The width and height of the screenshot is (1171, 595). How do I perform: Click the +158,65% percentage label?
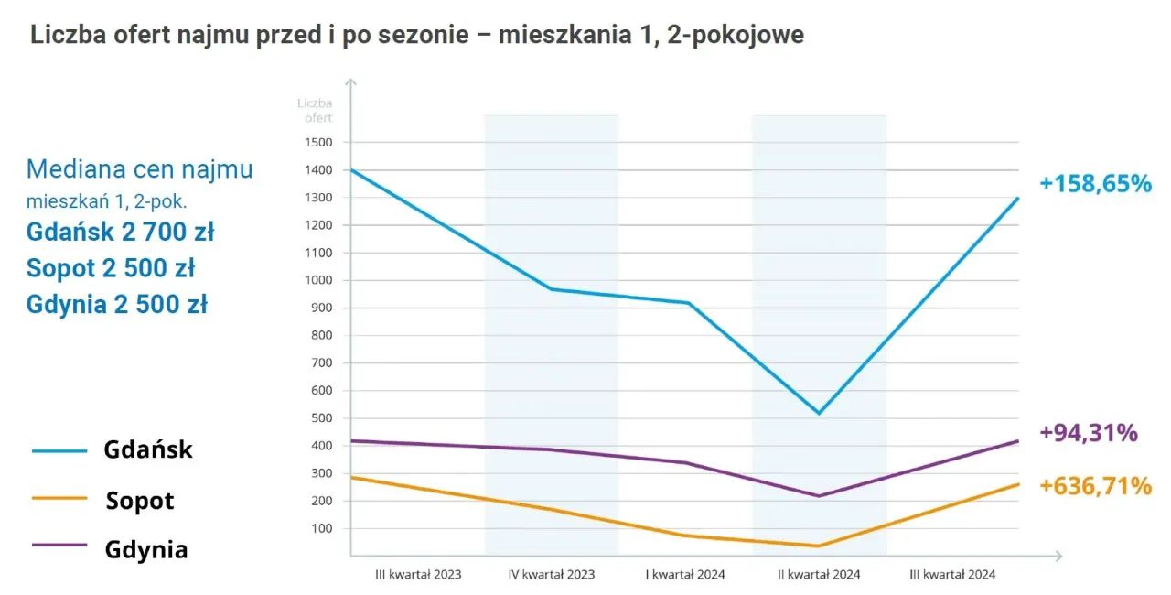(1094, 183)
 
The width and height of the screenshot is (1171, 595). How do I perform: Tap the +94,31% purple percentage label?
(1089, 432)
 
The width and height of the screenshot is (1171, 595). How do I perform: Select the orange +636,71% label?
(1095, 486)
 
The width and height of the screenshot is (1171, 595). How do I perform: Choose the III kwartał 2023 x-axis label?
(418, 575)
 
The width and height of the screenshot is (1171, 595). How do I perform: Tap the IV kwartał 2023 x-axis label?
(552, 575)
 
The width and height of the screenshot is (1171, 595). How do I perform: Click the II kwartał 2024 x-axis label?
(819, 575)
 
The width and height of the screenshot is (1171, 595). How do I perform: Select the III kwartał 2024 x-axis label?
(952, 575)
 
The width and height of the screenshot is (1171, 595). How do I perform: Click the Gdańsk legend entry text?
(148, 450)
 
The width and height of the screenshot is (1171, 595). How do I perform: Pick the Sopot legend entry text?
(139, 501)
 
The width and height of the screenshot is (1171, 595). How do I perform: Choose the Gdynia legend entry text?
(145, 549)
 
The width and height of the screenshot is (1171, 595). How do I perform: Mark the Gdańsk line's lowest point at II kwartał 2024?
(819, 413)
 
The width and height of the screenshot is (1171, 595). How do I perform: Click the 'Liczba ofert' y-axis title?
(315, 110)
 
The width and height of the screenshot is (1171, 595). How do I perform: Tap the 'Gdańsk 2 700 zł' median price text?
(120, 232)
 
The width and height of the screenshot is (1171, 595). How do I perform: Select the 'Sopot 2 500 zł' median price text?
(111, 268)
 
